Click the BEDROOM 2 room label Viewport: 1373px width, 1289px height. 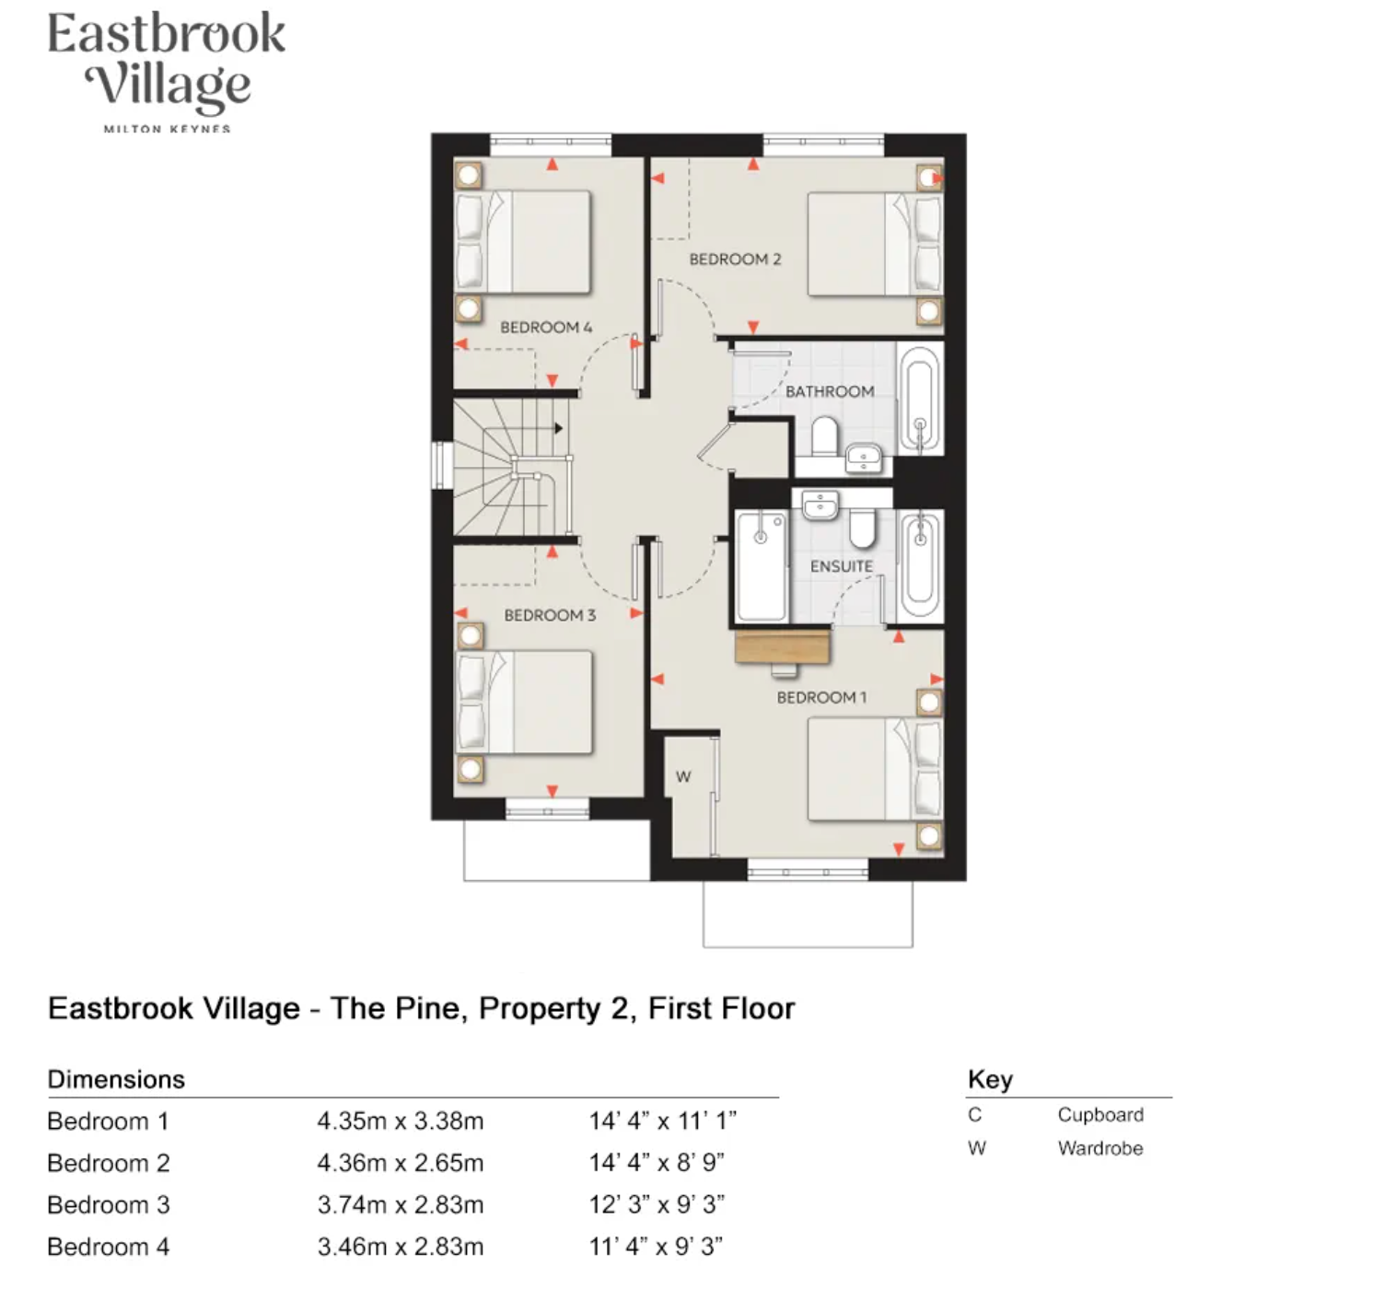735,260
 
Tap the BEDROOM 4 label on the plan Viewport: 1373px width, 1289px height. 546,327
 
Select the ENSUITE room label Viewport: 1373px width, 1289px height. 842,566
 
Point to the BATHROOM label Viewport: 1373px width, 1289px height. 830,391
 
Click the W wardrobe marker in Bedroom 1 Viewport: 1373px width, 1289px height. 683,776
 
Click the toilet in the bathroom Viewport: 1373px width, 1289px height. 824,436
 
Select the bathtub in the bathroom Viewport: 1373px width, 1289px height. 920,399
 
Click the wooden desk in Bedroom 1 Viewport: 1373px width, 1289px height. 783,646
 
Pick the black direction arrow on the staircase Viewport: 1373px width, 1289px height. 559,428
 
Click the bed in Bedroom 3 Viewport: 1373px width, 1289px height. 524,702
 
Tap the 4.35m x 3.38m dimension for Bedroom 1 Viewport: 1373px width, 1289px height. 401,1121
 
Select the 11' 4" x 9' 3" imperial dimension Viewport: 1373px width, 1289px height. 656,1247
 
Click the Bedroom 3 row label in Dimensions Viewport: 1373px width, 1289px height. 109,1204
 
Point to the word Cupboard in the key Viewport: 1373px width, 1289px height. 1100,1115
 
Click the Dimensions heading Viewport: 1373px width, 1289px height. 116,1079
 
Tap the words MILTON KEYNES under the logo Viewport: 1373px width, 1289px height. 167,129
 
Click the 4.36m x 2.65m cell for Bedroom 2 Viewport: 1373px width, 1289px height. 401,1163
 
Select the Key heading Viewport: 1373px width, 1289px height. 990,1079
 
